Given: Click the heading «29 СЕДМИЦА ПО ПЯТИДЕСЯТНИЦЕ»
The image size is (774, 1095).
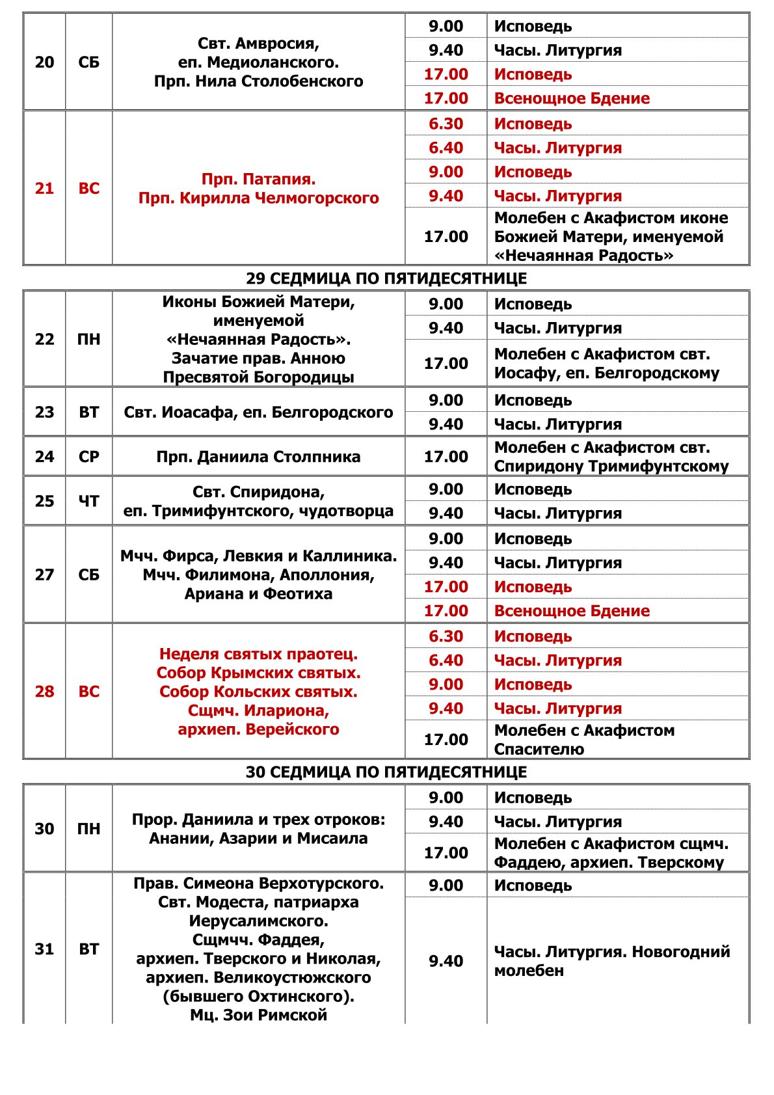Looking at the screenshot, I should point(386,278).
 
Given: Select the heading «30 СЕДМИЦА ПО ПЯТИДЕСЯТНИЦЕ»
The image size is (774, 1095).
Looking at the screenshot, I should point(386,772).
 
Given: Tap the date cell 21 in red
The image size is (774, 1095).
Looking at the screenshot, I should point(44,189).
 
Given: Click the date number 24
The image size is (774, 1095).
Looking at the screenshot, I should point(44,457).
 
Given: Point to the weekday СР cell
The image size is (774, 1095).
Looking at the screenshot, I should point(88,457).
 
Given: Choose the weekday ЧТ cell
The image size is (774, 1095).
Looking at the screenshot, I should point(88,501).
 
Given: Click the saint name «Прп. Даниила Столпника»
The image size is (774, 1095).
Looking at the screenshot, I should point(258,457).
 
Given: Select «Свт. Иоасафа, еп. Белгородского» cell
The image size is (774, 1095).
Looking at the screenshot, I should point(258,412).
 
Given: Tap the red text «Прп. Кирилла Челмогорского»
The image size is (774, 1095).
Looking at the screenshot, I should point(258,198).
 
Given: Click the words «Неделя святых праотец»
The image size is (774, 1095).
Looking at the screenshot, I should point(258,654).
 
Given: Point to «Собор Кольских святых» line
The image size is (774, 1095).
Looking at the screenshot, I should point(258,692).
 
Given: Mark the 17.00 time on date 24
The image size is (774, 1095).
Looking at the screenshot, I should point(446,457).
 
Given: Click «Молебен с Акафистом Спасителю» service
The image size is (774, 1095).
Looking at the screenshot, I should point(584,740).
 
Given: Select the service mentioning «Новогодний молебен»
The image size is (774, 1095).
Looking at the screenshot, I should point(611,961).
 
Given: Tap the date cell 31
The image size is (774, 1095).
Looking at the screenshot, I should point(44,949).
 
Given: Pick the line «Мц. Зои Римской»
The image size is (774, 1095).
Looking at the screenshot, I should point(258,1015).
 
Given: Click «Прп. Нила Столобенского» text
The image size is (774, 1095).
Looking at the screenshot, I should point(258,81).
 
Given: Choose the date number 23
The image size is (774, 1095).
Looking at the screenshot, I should point(44,412).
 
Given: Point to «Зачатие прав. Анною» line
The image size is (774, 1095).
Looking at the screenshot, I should point(258,358).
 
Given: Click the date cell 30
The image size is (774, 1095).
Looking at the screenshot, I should point(44,829).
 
